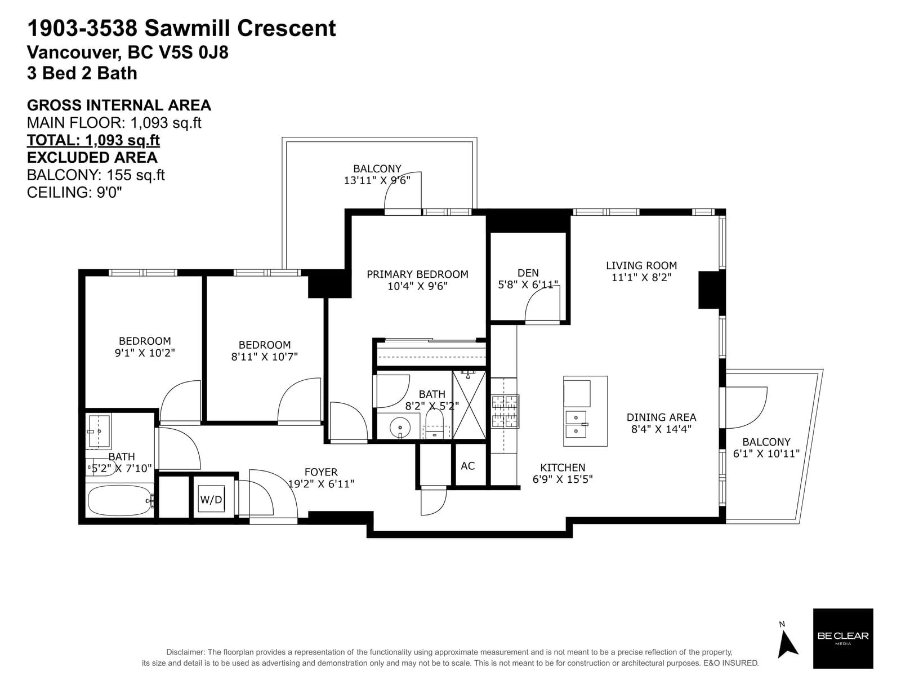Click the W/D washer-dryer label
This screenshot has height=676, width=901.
(211, 500)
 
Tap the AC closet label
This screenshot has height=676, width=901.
(467, 466)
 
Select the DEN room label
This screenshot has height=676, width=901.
(528, 273)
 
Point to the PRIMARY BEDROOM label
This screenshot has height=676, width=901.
(417, 274)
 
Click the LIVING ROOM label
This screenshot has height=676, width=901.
(641, 265)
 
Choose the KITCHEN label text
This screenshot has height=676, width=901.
(563, 468)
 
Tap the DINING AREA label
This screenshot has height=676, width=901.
(661, 417)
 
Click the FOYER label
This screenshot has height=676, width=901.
(321, 472)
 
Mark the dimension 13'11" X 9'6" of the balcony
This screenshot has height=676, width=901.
(377, 180)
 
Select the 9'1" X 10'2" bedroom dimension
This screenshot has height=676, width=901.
(145, 353)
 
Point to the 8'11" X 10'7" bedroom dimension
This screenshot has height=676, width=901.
(264, 357)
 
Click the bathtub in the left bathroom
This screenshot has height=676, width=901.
(120, 501)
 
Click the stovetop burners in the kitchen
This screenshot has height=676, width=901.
(505, 412)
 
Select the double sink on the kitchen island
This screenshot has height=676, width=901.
(576, 424)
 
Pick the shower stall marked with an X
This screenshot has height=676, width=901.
(469, 405)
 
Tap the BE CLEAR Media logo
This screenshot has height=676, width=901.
(842, 638)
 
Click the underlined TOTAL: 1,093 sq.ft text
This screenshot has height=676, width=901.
(93, 140)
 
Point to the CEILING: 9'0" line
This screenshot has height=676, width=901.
(74, 192)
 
